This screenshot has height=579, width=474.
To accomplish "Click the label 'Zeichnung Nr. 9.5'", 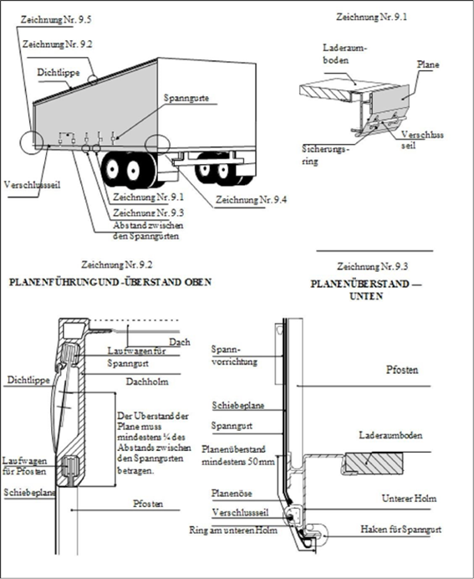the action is point(56,19).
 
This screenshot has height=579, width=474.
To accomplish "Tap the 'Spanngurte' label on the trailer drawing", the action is point(186,98).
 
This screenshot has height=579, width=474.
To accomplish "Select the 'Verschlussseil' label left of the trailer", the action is point(32,185).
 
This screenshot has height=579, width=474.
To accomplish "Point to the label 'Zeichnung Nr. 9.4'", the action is point(251,200).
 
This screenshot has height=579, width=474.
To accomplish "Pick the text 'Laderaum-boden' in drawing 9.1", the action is point(345,54).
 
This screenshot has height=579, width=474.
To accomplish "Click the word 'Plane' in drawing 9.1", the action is point(428,64).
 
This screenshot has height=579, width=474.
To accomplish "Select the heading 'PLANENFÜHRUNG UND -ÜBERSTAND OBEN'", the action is point(110,282).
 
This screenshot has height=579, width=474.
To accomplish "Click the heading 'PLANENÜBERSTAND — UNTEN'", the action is point(366,289).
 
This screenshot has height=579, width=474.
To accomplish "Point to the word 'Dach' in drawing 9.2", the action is point(180,342).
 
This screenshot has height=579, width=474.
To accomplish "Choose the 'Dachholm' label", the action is point(147,382).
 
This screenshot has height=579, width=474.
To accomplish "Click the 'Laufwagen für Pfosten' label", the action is point(25,466).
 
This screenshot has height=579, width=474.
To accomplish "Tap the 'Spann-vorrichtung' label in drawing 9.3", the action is point(234,356).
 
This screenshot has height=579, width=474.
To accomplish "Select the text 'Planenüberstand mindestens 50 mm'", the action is point(238,455).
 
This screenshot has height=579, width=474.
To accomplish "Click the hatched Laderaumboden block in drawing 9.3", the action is point(374,463).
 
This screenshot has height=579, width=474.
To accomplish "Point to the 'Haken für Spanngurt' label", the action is point(401,530).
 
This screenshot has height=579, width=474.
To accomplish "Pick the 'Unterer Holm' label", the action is point(409,499).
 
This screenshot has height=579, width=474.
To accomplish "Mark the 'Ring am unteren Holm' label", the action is point(233,530).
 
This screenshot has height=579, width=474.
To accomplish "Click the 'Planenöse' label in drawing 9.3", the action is point(232,494).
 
